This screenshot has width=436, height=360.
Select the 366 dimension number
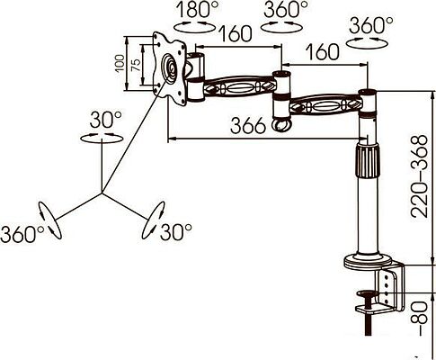248,125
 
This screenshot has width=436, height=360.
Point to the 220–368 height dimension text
419,176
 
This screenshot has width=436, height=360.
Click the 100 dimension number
120,63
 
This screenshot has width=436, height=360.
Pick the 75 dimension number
136,65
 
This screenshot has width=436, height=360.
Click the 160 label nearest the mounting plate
236,33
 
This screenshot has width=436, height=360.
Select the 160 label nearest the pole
323,51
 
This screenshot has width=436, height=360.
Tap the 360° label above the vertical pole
371,25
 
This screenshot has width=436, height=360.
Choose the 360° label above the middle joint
286,9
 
